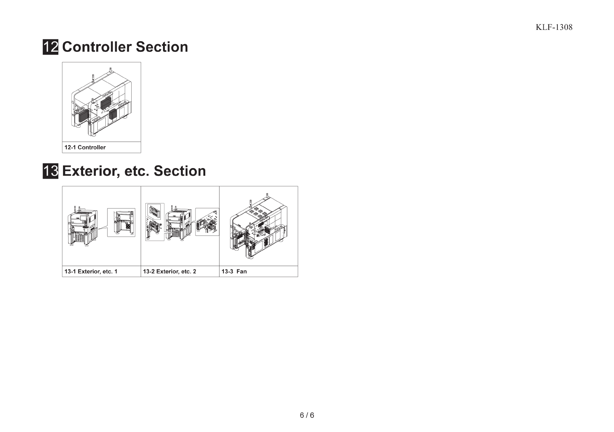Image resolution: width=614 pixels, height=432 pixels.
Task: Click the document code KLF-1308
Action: [x=554, y=27]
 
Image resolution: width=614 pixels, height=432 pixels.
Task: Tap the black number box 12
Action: [x=50, y=47]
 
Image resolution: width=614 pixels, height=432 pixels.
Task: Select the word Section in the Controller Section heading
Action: [x=162, y=47]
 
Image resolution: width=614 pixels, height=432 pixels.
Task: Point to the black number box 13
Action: [x=50, y=171]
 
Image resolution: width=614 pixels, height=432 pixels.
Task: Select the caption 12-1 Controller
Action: [x=85, y=147]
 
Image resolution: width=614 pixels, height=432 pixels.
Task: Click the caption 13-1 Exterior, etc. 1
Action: [x=91, y=272]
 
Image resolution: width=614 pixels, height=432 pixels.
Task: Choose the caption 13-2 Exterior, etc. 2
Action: [x=170, y=272]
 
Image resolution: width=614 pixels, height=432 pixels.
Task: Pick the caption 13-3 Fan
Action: [x=234, y=272]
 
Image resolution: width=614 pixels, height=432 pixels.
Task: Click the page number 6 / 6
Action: [x=307, y=415]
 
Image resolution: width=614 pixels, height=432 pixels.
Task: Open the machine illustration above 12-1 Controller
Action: [x=101, y=102]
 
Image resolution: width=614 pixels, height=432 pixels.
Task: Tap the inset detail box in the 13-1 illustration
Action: [x=121, y=222]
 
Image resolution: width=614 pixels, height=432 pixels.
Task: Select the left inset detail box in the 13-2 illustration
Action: [x=155, y=222]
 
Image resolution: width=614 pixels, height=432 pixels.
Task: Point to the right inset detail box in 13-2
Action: [x=207, y=222]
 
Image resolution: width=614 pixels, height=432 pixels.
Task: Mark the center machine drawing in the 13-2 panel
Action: [x=179, y=224]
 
